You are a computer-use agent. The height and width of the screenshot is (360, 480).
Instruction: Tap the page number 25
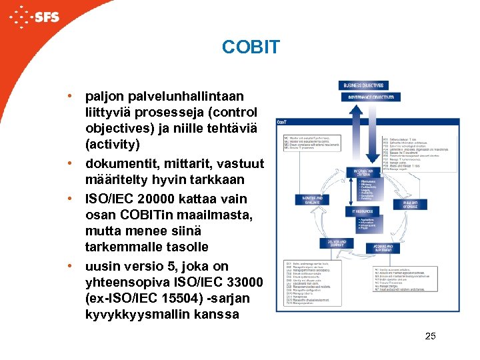click(430, 336)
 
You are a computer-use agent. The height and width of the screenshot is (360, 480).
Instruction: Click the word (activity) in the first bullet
click(113, 144)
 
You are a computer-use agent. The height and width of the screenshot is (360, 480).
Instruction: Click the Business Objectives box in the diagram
click(363, 85)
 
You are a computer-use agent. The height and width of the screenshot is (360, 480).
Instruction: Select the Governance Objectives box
click(370, 97)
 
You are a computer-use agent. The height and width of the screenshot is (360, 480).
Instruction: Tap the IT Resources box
click(363, 211)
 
